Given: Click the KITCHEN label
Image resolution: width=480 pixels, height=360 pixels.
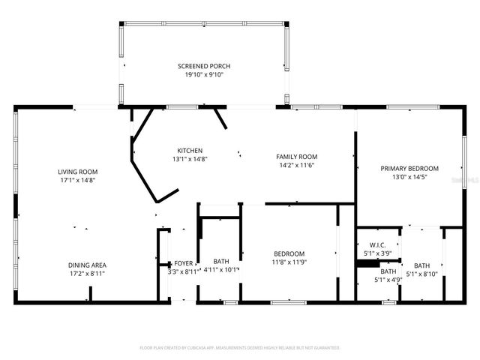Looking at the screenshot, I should point(189,150).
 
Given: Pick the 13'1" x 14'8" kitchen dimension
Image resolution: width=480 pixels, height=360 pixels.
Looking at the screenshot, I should point(189,158).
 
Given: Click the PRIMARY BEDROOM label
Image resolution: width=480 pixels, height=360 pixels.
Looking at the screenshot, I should point(409,168).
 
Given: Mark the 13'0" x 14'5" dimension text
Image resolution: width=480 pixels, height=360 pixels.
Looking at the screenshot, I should point(409,177).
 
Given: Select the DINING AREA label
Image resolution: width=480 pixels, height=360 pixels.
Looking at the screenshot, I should point(87,265).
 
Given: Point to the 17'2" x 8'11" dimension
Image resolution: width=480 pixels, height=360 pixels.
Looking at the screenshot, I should point(87,274).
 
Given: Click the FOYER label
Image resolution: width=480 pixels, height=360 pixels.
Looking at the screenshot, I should point(184,263).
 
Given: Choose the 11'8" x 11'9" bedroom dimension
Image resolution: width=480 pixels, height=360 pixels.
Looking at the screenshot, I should point(289,262).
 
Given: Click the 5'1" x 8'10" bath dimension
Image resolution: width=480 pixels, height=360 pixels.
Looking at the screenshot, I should point(422,274).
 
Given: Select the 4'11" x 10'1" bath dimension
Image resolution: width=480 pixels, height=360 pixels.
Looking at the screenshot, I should point(221,270).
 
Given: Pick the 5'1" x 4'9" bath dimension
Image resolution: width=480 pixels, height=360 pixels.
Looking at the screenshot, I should point(388,280).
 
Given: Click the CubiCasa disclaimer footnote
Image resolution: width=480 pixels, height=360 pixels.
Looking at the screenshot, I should point(240,347).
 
